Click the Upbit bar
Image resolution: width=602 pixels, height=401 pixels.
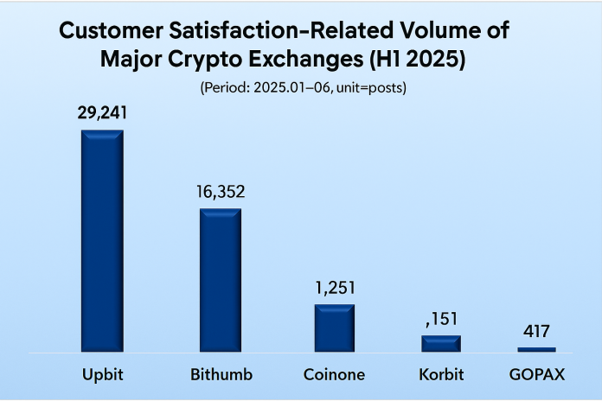point(103,240)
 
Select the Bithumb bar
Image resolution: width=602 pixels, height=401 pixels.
point(221,280)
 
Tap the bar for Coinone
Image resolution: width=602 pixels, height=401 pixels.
point(335,328)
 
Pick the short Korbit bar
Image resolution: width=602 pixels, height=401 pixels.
point(441,343)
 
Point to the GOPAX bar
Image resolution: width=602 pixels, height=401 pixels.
point(536,350)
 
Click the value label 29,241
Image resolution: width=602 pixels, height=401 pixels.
point(102,113)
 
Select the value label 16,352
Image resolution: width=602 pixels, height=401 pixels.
point(221,192)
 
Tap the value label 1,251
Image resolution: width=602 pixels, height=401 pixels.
point(336,288)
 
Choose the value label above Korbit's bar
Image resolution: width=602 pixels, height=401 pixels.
point(442,319)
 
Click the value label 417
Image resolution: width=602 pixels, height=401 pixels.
point(536,331)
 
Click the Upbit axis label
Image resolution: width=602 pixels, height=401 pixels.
point(103,375)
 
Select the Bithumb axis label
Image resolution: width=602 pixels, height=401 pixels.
point(221,374)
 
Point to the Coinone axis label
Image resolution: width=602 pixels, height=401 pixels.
point(334,374)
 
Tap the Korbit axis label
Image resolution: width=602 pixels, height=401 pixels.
point(441,374)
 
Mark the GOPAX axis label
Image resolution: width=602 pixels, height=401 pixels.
point(537,374)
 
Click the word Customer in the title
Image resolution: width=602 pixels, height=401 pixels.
point(112,30)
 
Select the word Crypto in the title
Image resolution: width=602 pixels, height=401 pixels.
point(205,60)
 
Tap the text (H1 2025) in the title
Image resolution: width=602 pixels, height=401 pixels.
point(417,60)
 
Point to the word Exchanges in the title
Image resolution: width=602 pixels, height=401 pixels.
point(306,60)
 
